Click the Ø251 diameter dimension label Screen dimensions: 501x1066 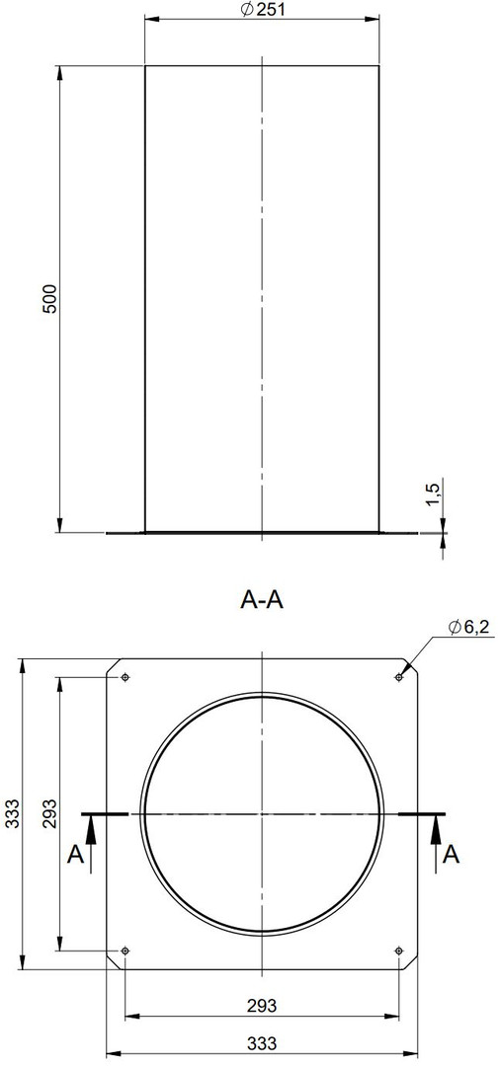262,9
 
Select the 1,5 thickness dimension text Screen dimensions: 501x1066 434,492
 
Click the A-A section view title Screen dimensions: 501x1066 262,600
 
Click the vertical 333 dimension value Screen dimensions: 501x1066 12,813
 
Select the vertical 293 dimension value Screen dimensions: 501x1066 49,813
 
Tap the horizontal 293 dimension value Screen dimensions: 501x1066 262,1006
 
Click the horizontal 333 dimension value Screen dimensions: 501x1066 262,1043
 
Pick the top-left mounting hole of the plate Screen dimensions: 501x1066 125,678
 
